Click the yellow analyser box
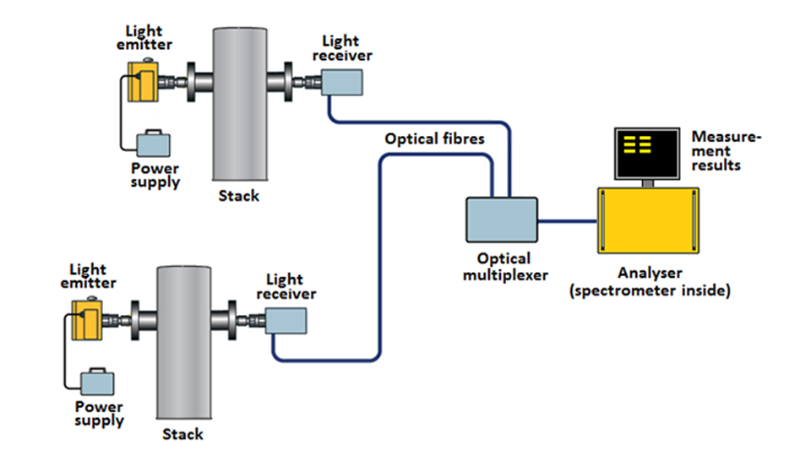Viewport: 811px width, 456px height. pyautogui.click(x=649, y=220)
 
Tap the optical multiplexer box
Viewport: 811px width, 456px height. pyautogui.click(x=502, y=220)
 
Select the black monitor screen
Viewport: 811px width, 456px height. pyautogui.click(x=647, y=153)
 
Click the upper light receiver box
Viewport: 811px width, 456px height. pyautogui.click(x=342, y=83)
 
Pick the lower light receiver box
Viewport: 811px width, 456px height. pyautogui.click(x=286, y=321)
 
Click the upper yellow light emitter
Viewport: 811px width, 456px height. pyautogui.click(x=144, y=82)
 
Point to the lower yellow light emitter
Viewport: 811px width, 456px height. pyautogui.click(x=87, y=319)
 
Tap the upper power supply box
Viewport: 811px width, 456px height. pyautogui.click(x=153, y=144)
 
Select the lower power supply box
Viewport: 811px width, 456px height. pyautogui.click(x=97, y=382)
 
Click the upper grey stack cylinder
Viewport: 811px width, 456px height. pyautogui.click(x=240, y=104)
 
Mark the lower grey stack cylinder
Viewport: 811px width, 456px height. pyautogui.click(x=184, y=342)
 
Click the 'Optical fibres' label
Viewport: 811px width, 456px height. pyautogui.click(x=434, y=138)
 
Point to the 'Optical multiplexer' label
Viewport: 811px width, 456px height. pyautogui.click(x=505, y=266)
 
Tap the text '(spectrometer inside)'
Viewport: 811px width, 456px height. pyautogui.click(x=650, y=290)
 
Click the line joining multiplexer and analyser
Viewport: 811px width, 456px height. pyautogui.click(x=568, y=221)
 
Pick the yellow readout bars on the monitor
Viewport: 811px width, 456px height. pyautogui.click(x=637, y=144)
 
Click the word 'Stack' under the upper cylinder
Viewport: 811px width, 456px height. pyautogui.click(x=238, y=195)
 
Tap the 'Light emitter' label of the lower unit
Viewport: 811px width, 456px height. pyautogui.click(x=89, y=276)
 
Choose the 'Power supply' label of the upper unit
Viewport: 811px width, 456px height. pyautogui.click(x=155, y=176)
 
